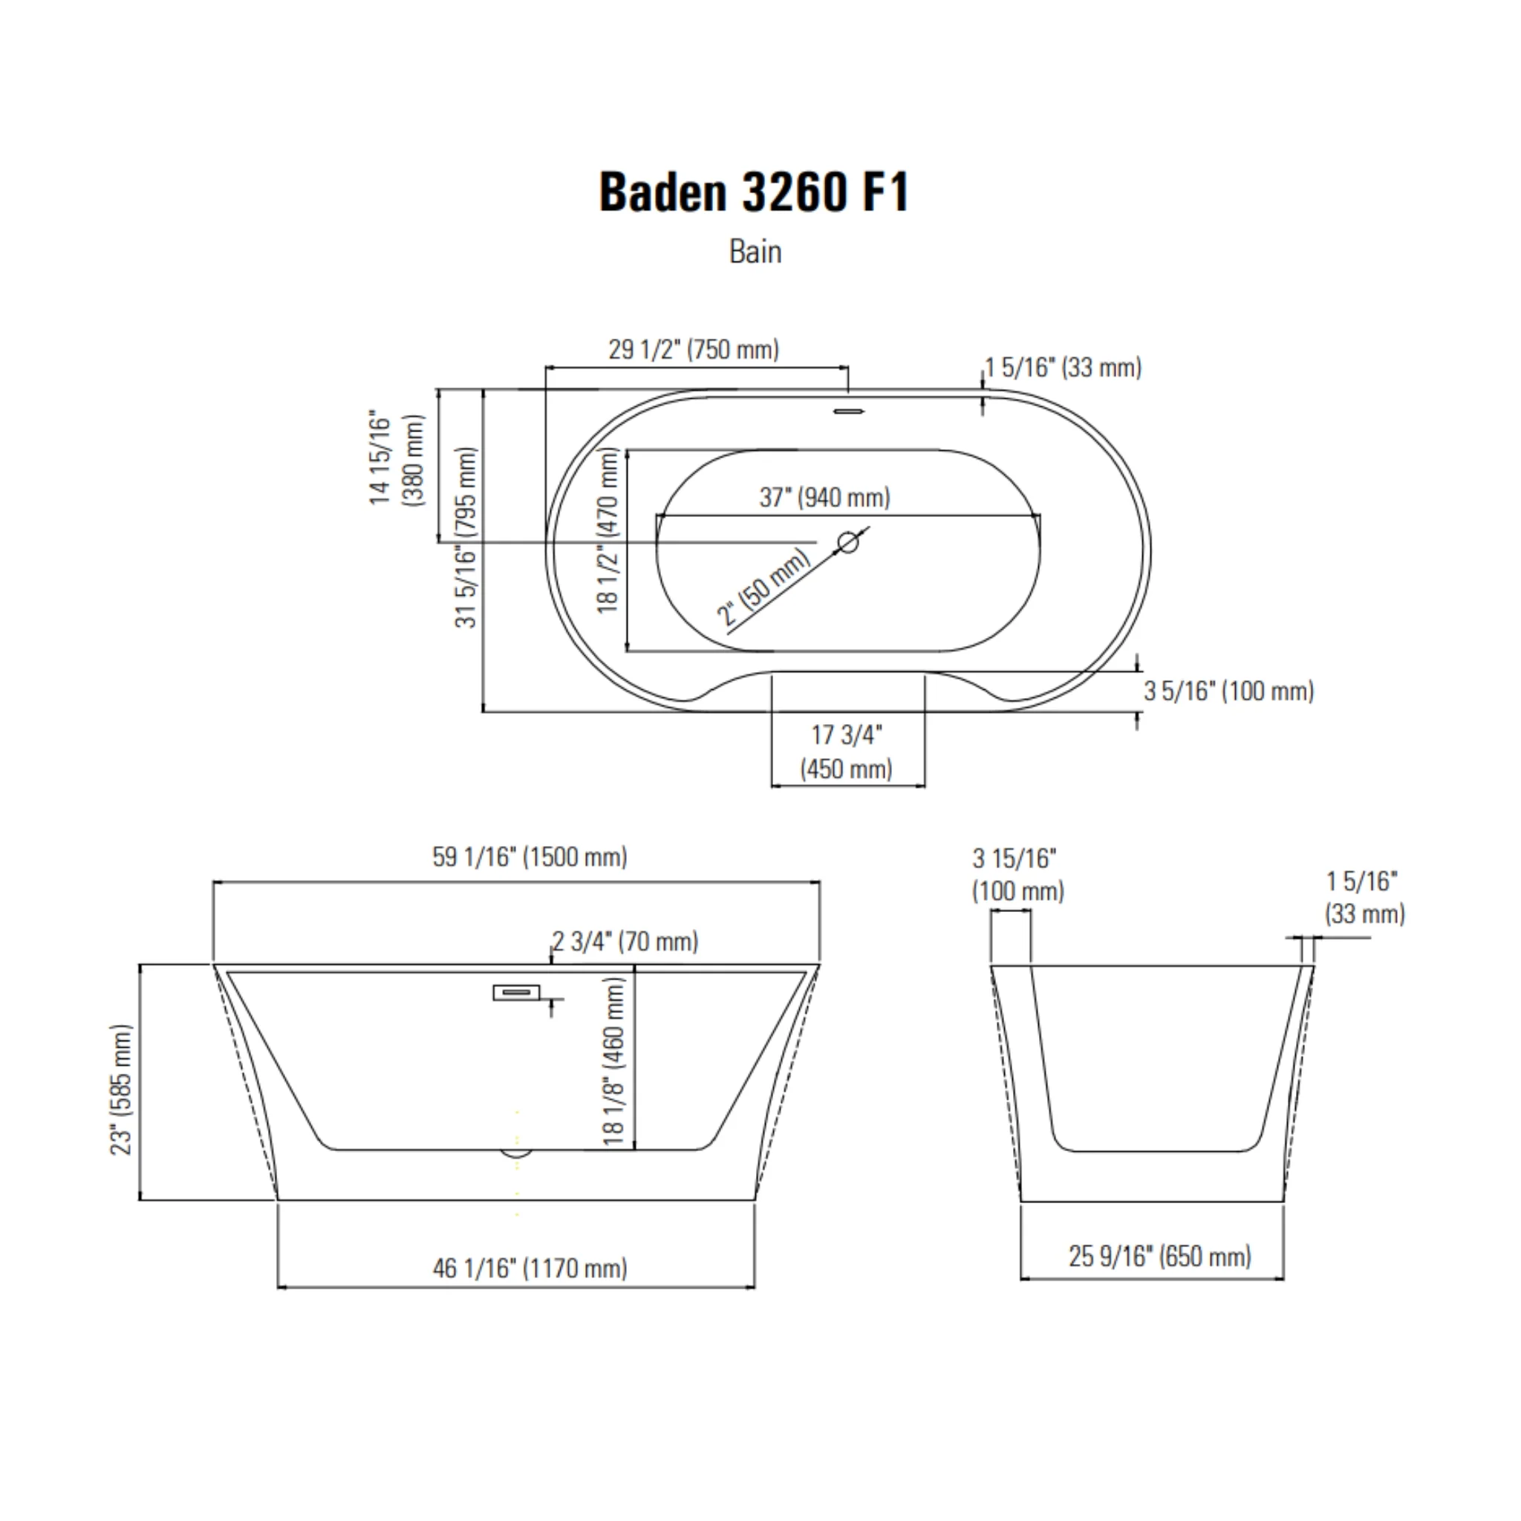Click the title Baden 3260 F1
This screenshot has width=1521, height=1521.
click(755, 192)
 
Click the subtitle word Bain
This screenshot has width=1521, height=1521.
click(755, 252)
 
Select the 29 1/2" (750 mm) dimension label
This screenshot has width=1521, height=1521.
click(694, 349)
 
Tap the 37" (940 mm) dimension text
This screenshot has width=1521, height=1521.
click(824, 498)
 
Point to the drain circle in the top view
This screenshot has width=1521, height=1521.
click(848, 541)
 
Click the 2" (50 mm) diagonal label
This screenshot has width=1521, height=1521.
click(764, 587)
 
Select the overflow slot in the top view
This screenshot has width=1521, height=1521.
click(849, 411)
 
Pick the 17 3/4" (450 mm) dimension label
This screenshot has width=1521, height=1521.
click(847, 752)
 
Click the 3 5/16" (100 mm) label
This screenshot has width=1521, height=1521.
click(1229, 691)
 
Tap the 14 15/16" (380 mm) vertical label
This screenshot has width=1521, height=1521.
click(397, 458)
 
